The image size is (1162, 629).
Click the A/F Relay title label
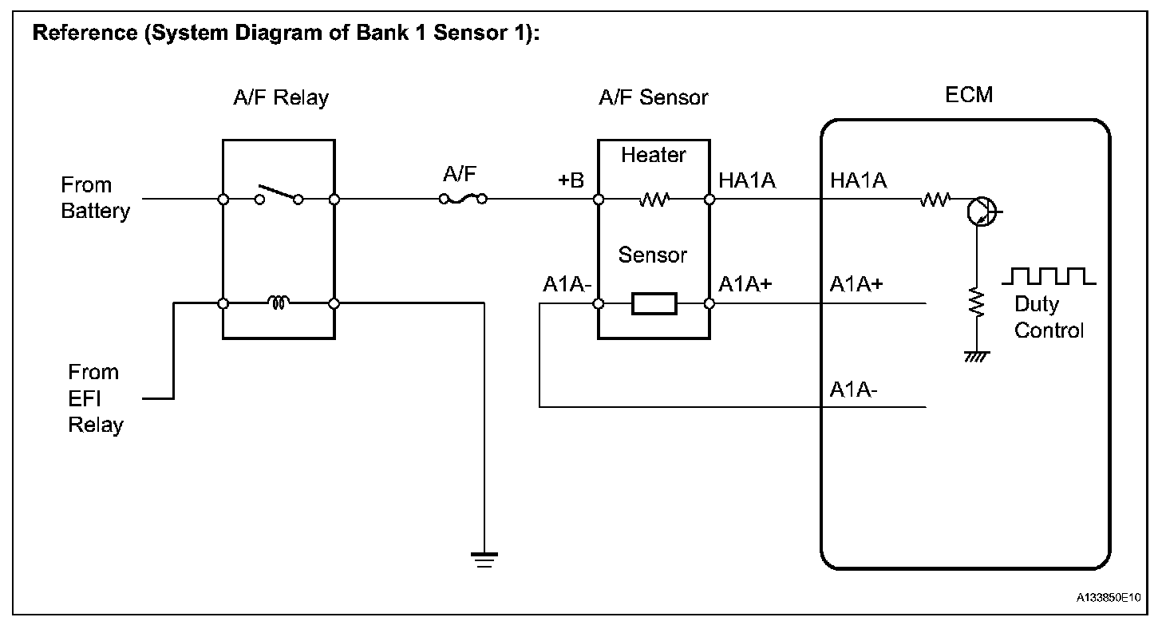tap(281, 97)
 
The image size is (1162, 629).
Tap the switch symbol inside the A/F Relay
tap(279, 195)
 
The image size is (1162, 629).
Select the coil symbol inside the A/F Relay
tap(279, 302)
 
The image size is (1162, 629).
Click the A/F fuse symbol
tap(463, 199)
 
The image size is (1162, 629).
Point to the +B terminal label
tap(571, 180)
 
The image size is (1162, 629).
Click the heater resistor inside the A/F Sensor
tap(654, 200)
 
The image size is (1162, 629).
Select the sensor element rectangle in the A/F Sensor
tap(654, 303)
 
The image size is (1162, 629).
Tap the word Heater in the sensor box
tap(653, 155)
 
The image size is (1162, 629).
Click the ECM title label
tap(969, 95)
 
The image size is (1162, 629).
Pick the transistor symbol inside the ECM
tap(982, 212)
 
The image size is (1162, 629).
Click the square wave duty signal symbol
tap(1049, 277)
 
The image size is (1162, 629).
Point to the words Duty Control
tap(1049, 318)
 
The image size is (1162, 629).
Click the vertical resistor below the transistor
tap(977, 303)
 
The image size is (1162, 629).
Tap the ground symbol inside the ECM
tap(977, 357)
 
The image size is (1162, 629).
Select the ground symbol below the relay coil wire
tap(484, 560)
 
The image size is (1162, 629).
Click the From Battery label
tap(95, 198)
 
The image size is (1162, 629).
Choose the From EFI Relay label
tap(96, 398)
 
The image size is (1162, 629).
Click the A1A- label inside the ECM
tap(853, 390)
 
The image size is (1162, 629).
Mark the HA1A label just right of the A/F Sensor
tap(747, 180)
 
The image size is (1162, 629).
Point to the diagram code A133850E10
tap(1108, 598)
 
